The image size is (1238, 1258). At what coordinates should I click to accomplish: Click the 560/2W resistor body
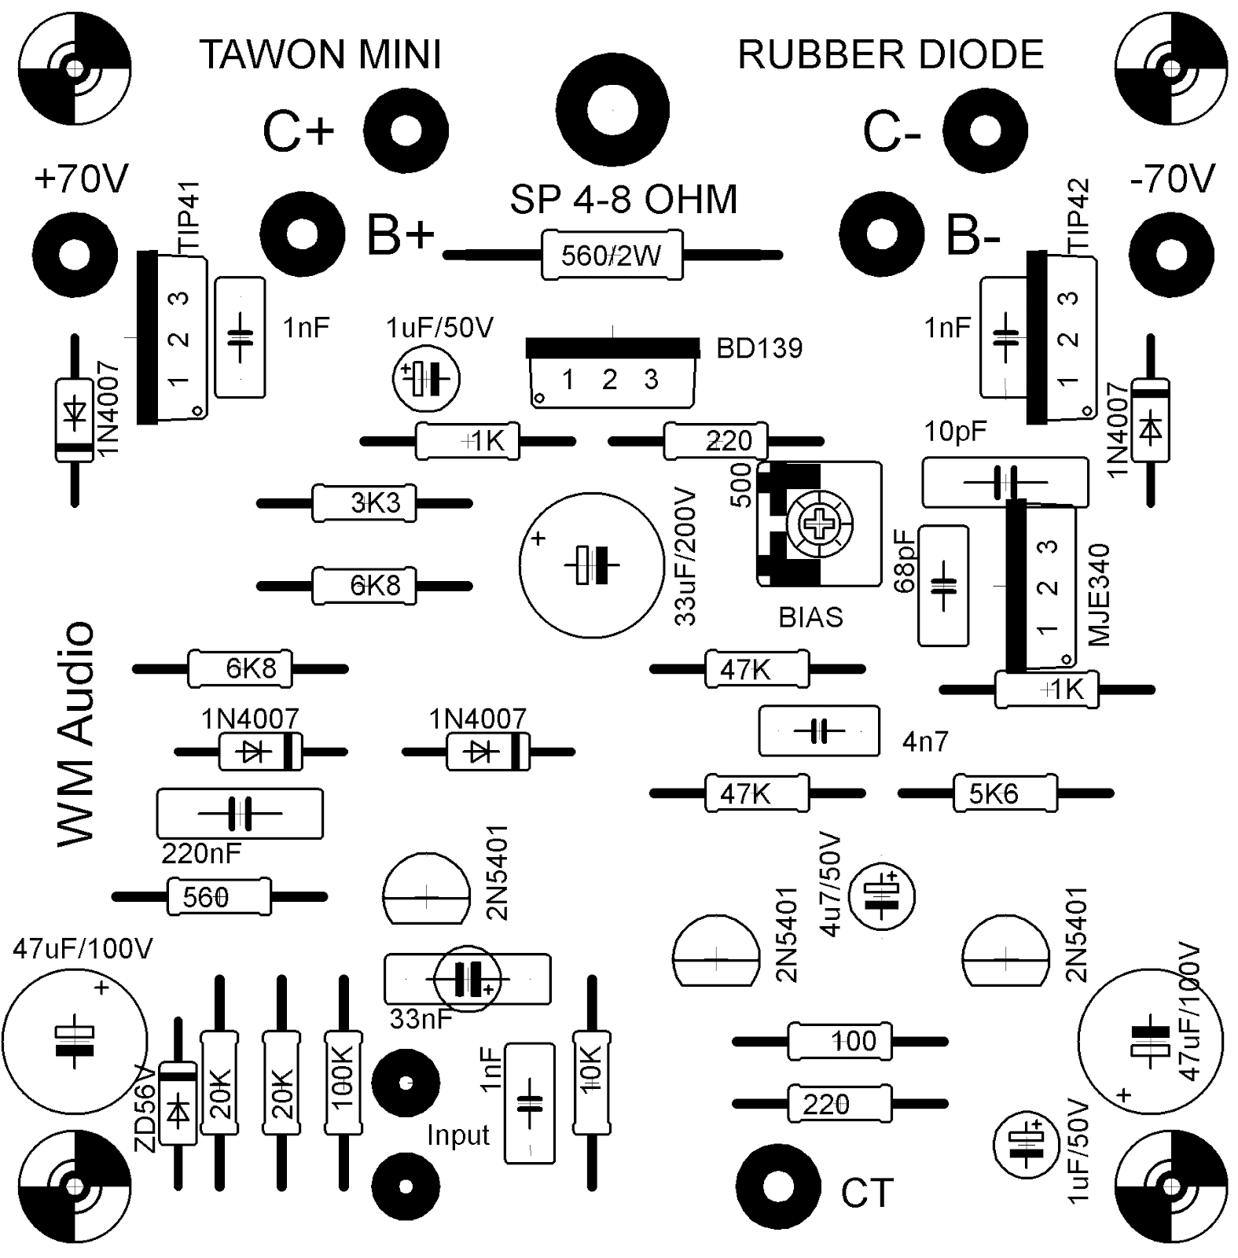(612, 256)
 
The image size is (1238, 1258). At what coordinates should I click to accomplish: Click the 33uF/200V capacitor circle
(590, 565)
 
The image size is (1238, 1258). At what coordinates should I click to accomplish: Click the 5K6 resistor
(1005, 794)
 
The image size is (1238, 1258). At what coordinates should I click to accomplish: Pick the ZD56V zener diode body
(178, 1103)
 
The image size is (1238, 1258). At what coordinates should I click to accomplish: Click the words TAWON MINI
(321, 55)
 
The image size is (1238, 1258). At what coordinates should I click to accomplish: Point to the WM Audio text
(76, 735)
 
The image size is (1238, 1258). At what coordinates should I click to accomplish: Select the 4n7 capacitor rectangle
(818, 731)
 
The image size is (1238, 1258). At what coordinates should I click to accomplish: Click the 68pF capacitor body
(942, 586)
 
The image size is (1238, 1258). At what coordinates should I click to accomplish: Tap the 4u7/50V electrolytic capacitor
(883, 896)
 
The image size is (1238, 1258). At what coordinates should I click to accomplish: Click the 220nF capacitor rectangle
(240, 814)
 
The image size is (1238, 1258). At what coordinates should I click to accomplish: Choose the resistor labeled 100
(839, 1042)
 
